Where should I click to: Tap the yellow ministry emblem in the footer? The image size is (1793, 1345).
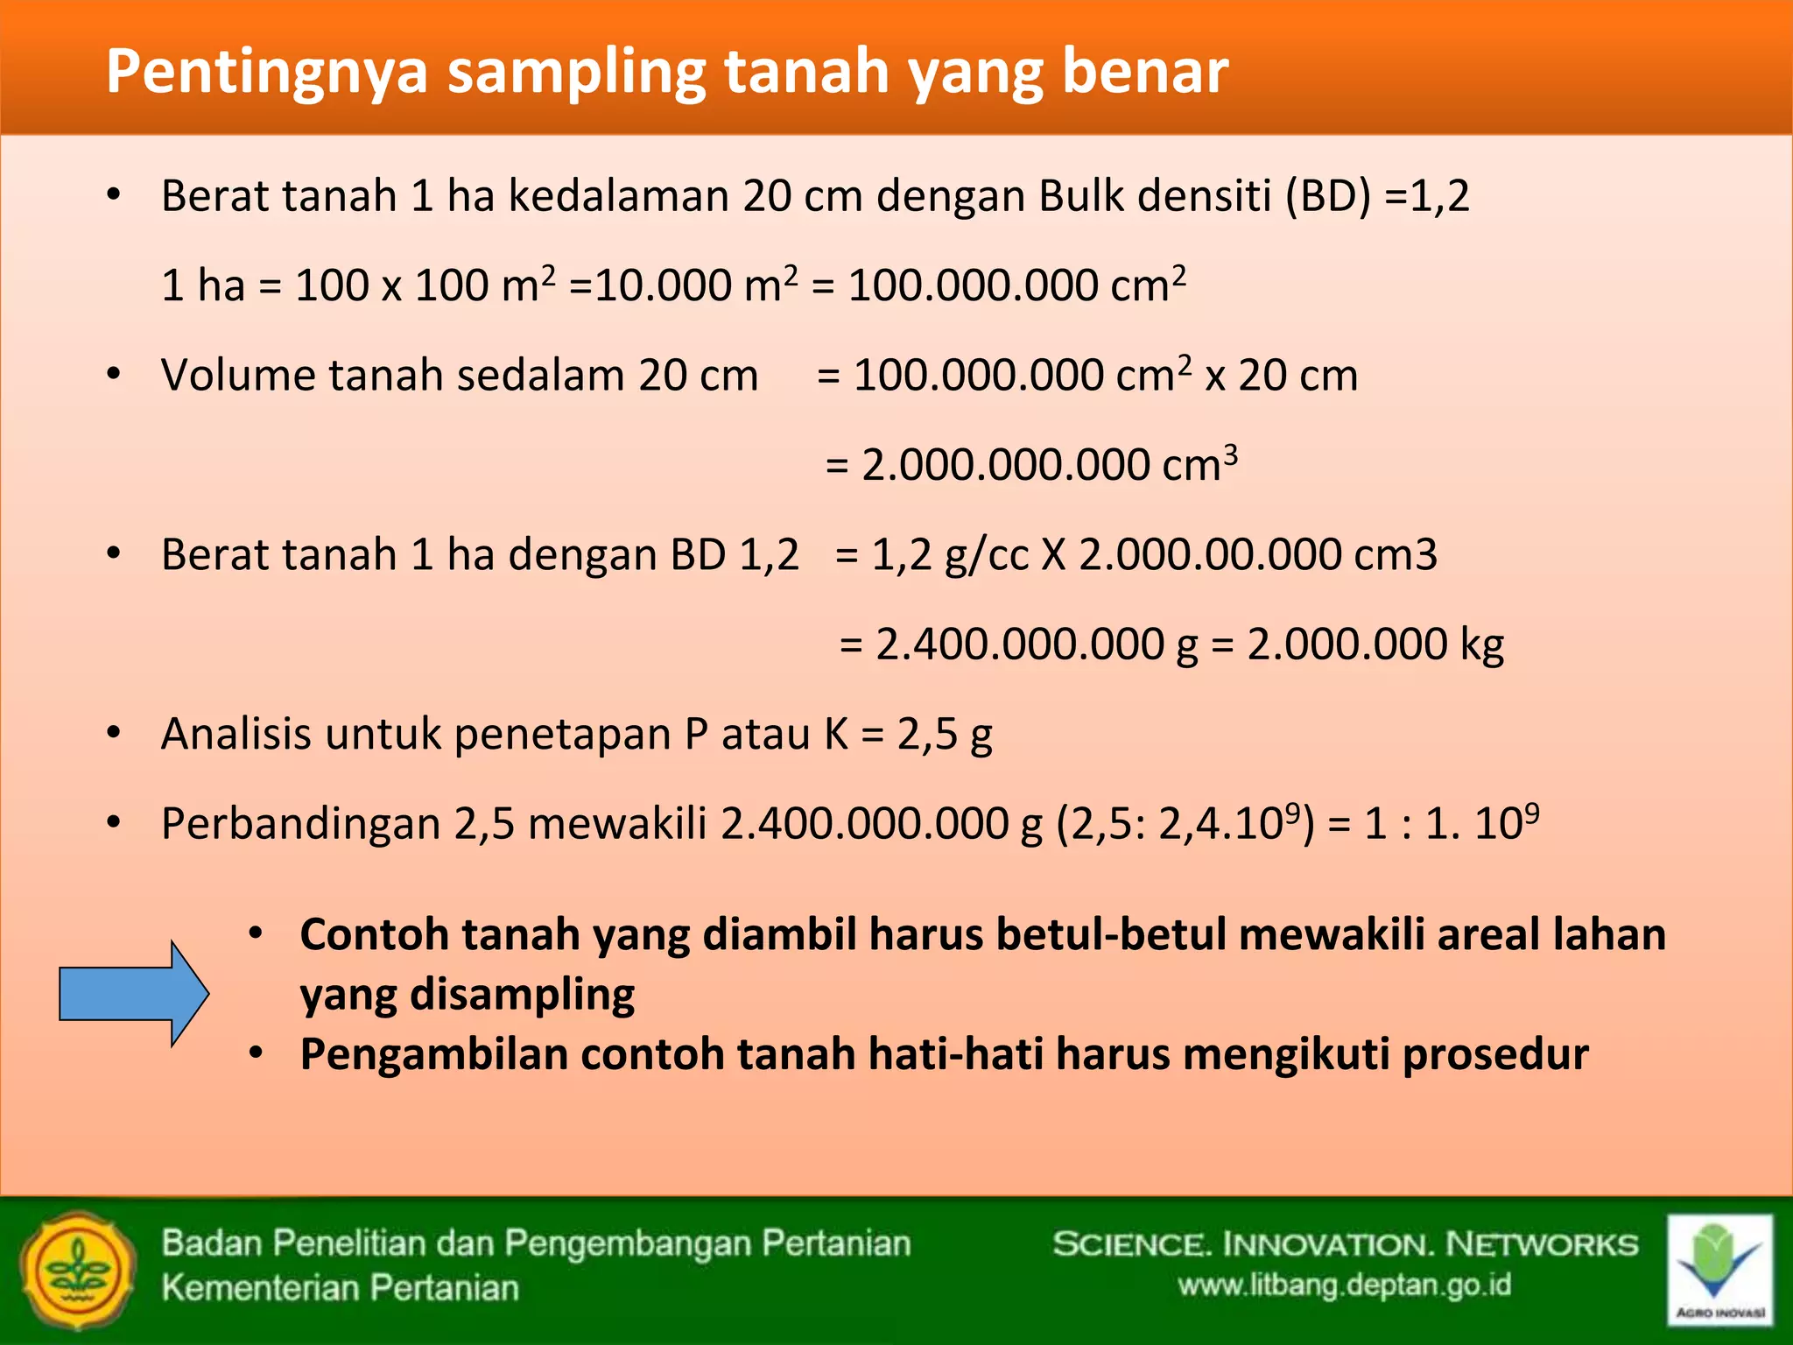[x=78, y=1271]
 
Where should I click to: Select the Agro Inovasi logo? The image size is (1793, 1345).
[x=1719, y=1269]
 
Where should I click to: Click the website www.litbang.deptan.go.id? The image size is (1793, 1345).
[x=1345, y=1285]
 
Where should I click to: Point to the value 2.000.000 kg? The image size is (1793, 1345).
[x=1375, y=644]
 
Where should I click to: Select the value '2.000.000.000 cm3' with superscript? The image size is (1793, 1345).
[x=1049, y=464]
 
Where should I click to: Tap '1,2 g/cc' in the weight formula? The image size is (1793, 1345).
[x=950, y=555]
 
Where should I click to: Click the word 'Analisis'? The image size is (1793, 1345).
[x=236, y=734]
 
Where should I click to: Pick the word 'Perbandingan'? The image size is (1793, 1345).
[x=300, y=824]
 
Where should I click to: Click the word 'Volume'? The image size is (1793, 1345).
[x=238, y=376]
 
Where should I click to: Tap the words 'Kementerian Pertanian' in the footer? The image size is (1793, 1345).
[x=340, y=1288]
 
